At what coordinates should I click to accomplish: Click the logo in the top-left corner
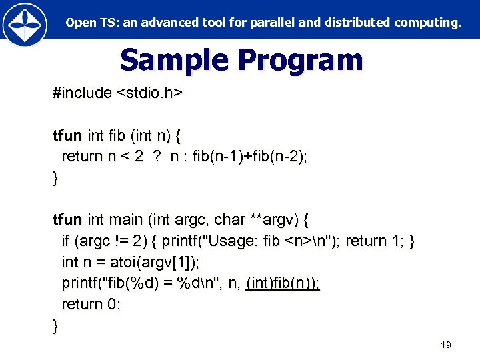pos(25,23)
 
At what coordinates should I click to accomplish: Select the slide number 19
pos(446,345)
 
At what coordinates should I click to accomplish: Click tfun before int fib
pos(67,136)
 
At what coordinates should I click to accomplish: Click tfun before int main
pos(67,219)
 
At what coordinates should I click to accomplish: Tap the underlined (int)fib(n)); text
pos(283,283)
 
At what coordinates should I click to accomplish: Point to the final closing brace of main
pos(55,325)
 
